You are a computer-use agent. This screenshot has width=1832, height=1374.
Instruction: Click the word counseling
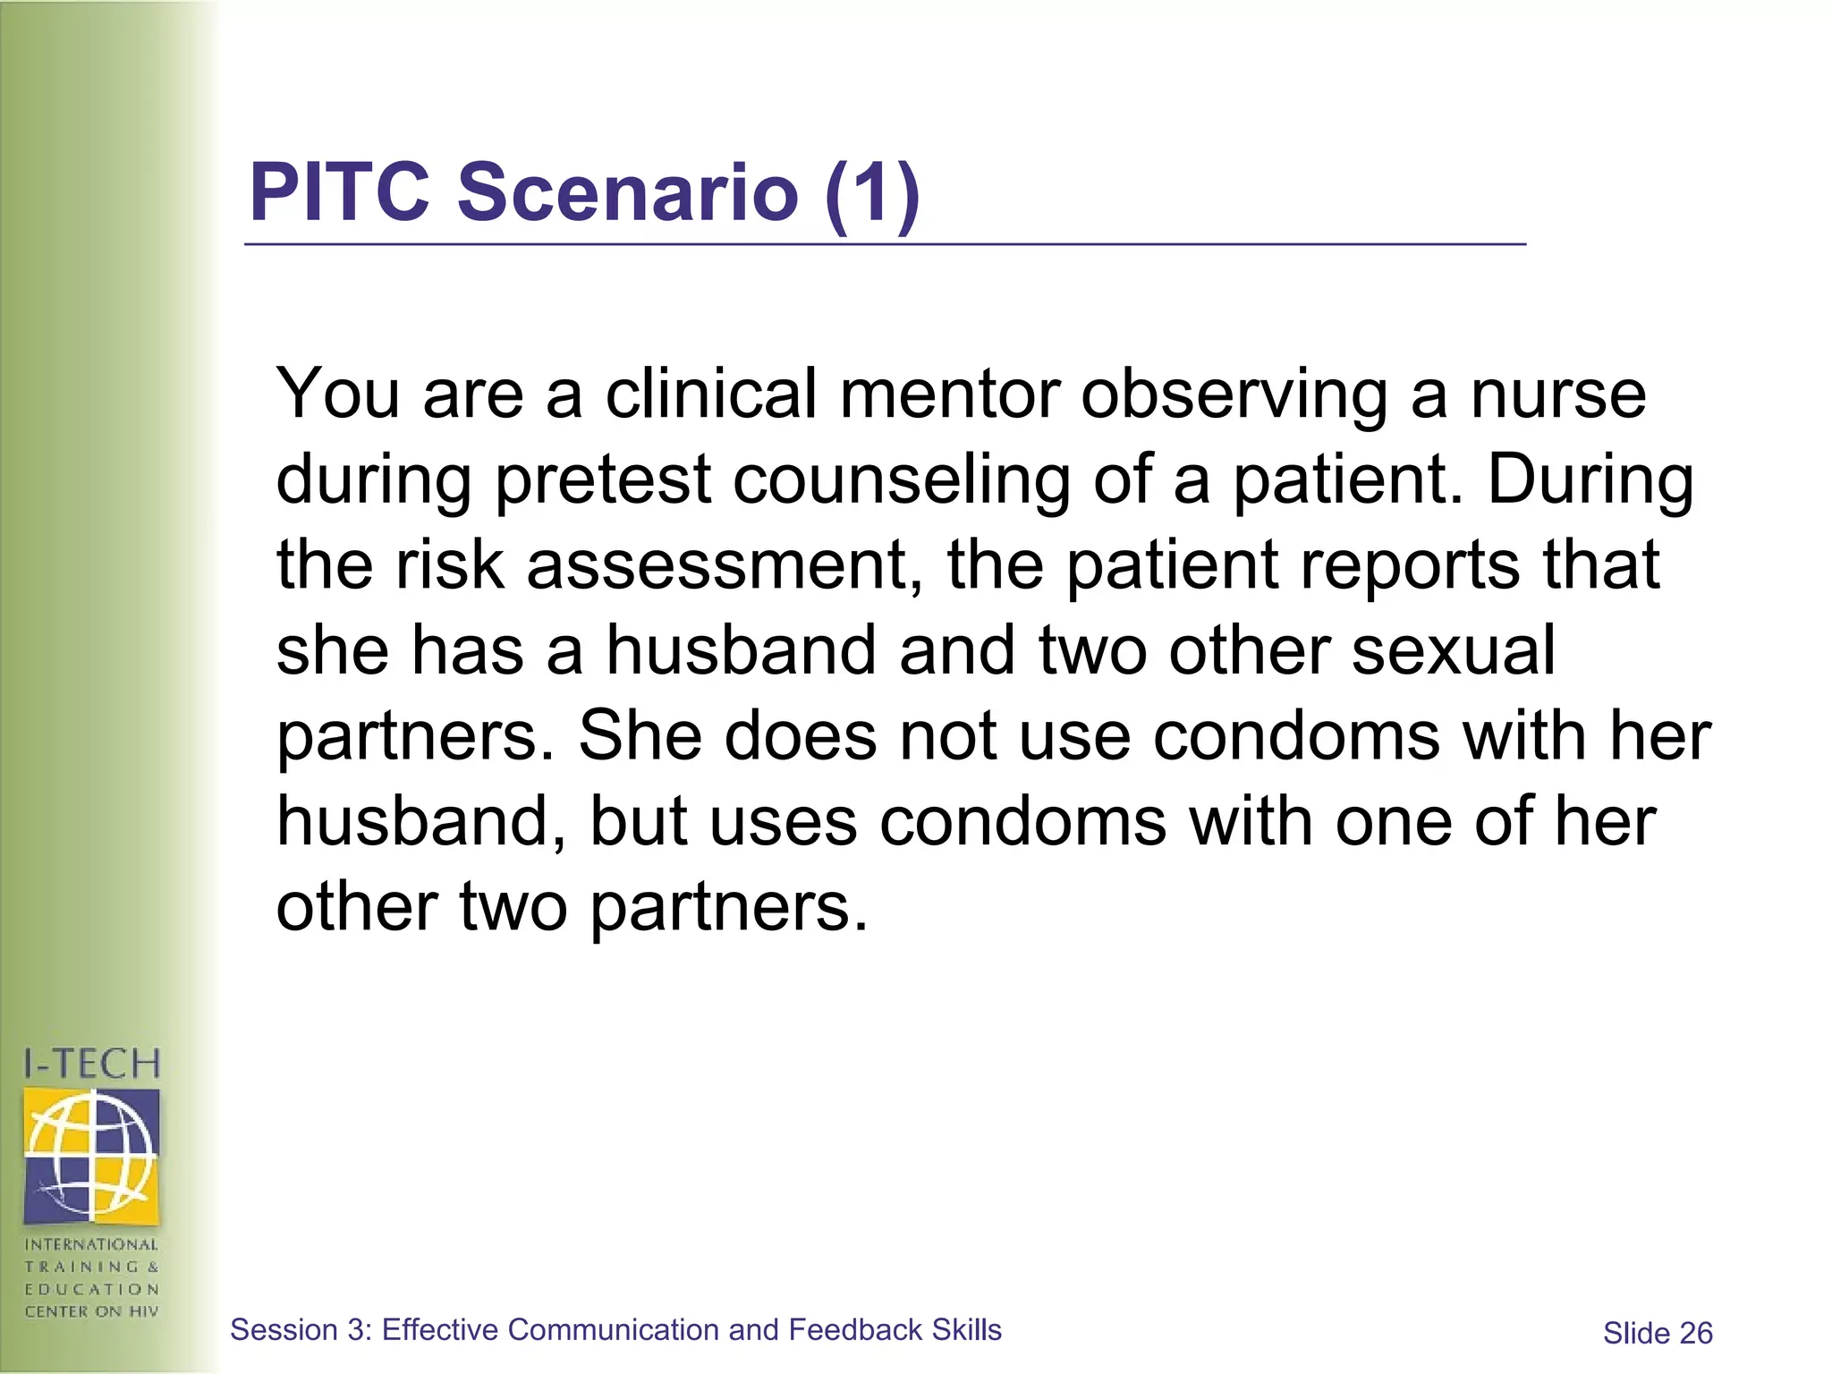[902, 480]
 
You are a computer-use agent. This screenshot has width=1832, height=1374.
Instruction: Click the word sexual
[1454, 650]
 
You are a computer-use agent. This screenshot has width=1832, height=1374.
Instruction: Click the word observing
[1234, 394]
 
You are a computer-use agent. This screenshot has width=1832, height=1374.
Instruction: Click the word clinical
[711, 394]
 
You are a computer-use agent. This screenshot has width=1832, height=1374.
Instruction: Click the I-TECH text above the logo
[91, 1064]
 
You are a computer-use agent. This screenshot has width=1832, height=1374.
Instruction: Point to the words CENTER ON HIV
[91, 1311]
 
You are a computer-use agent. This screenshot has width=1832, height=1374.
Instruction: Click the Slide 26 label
[1657, 1334]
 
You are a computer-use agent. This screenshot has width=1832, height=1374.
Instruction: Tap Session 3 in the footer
[300, 1330]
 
